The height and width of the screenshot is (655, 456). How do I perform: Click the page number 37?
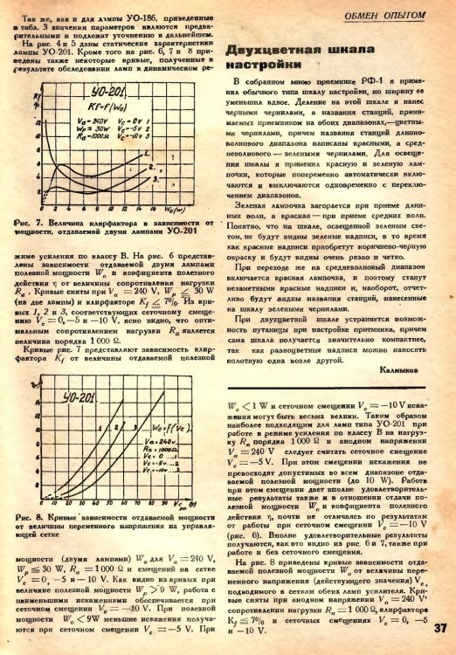(439, 625)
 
